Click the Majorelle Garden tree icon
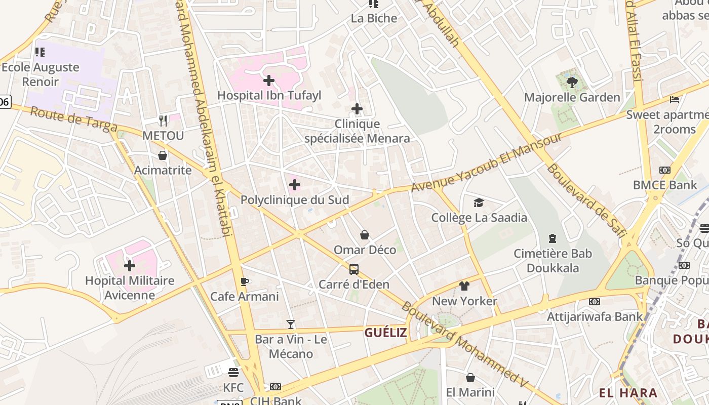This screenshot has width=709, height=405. click(572, 82)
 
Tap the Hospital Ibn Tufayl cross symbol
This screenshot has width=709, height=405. click(269, 80)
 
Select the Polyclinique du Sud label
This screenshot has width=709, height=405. click(295, 200)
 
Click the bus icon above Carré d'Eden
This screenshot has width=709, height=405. click(354, 269)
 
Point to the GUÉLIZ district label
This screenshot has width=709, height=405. click(385, 333)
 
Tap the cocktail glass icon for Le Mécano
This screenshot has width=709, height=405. click(291, 324)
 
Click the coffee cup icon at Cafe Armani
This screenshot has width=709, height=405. click(244, 281)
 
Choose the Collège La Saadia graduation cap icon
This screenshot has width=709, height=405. click(479, 203)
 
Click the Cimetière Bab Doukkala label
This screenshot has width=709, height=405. click(553, 260)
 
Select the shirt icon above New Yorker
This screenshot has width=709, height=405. click(464, 286)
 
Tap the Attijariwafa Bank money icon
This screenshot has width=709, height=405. click(595, 302)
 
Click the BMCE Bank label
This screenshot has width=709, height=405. click(665, 185)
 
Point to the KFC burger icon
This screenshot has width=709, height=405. click(233, 373)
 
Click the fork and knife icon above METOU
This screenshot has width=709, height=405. click(163, 120)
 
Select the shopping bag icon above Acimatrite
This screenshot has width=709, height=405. click(163, 155)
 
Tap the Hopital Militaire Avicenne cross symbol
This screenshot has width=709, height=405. click(130, 265)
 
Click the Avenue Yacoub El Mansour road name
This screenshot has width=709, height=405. click(486, 163)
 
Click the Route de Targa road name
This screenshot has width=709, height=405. click(74, 120)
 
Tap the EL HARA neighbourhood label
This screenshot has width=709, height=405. click(628, 393)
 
